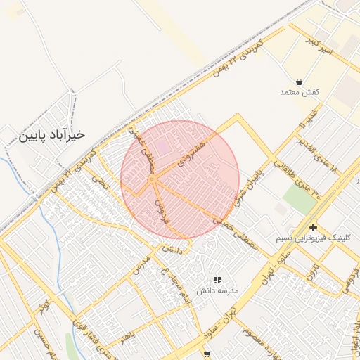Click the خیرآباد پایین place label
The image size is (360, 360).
[53, 134]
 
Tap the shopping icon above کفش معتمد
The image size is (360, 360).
[300, 82]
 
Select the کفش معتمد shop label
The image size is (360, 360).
[300, 93]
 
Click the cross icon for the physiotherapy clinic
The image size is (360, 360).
[313, 227]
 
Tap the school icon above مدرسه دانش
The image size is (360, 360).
[217, 280]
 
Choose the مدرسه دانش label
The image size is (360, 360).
[217, 290]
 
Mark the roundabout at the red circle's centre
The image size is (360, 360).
[152, 180]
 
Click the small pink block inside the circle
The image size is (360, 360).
[162, 148]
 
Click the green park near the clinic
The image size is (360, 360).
[300, 200]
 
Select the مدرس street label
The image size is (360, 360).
[141, 269]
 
